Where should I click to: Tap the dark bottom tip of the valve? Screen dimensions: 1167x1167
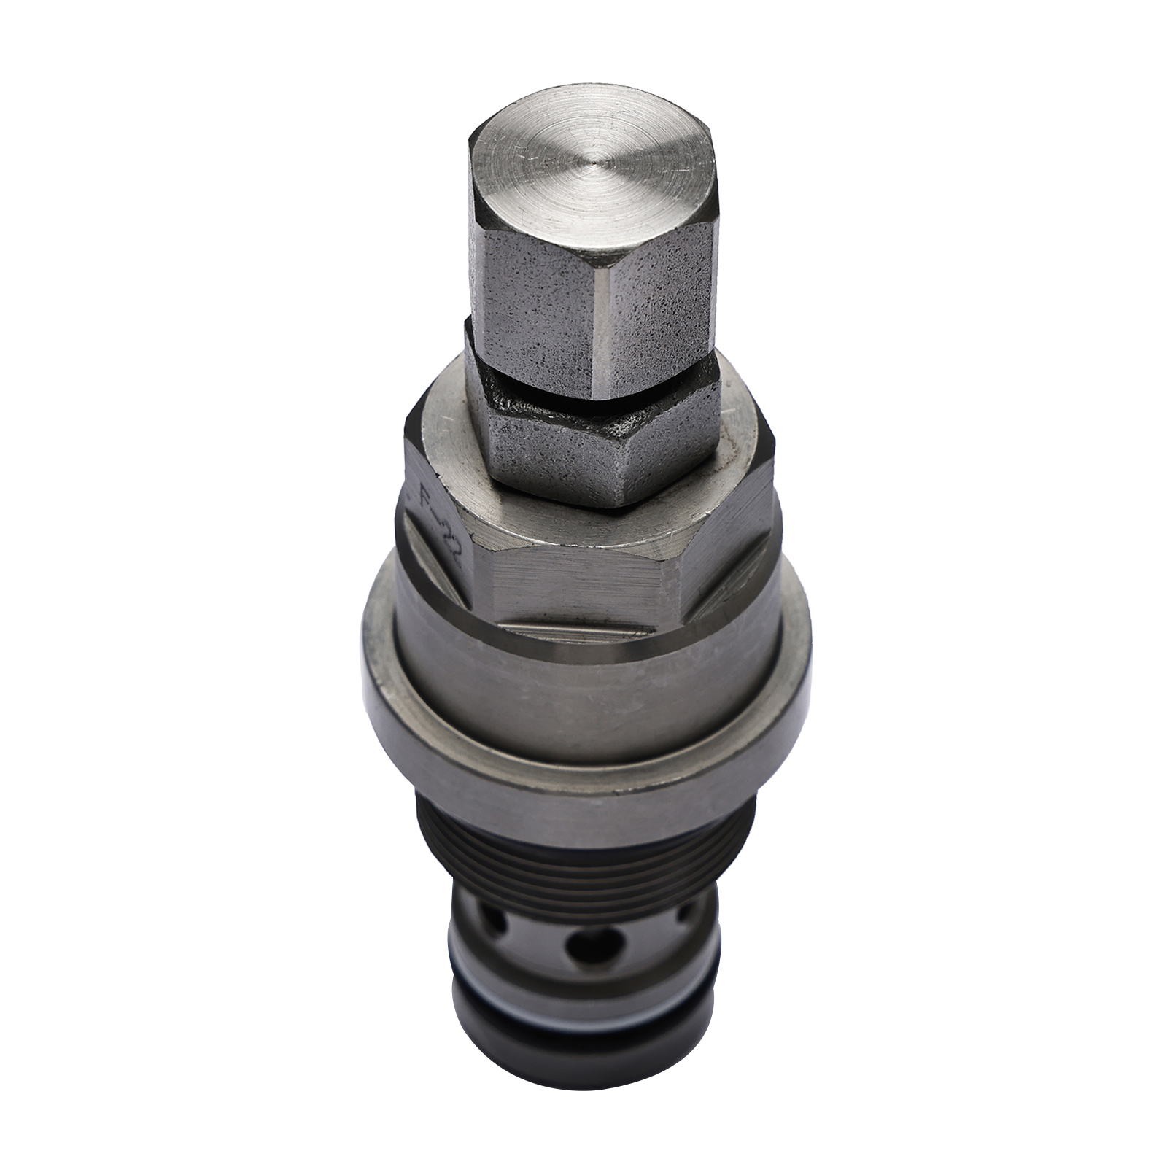tap(583, 1069)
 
